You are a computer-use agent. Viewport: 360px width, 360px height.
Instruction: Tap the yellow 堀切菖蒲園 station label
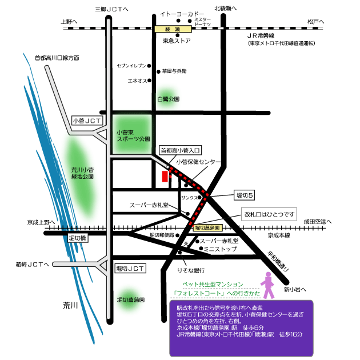coord(211,227)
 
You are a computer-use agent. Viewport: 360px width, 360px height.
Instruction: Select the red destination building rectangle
coord(165,176)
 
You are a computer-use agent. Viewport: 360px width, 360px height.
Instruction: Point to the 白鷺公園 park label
coord(169,99)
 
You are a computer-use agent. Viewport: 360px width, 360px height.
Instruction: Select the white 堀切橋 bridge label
coord(77,237)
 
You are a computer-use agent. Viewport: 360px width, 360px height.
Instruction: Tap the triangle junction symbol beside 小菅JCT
coord(102,134)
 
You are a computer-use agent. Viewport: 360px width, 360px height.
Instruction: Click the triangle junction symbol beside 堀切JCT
coord(102,264)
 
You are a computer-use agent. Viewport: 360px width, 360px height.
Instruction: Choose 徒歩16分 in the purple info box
coord(291,335)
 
